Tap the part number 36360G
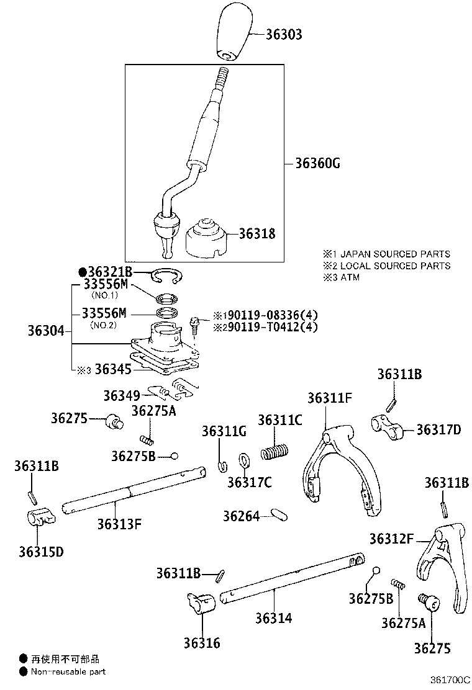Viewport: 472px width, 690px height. [x=317, y=164]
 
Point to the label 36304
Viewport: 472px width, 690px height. [x=45, y=331]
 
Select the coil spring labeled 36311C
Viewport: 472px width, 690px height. [x=275, y=451]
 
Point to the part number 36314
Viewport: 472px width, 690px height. [x=273, y=618]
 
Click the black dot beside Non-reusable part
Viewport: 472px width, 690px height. [x=23, y=671]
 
